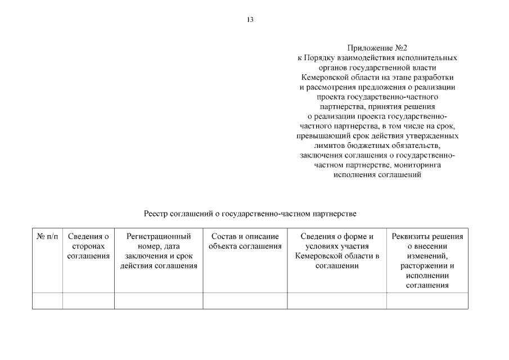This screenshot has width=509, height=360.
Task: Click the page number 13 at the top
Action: click(x=250, y=20)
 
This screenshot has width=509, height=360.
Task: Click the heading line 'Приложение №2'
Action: click(x=377, y=48)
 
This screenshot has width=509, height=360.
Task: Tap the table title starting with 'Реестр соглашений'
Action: click(x=250, y=214)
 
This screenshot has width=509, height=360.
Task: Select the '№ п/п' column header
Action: click(x=47, y=237)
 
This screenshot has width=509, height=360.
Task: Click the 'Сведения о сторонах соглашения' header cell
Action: click(x=88, y=246)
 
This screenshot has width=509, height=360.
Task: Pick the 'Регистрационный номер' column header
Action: click(x=159, y=251)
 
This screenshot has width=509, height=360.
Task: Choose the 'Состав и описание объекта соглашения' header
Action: click(x=245, y=241)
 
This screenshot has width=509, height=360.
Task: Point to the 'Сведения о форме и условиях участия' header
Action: click(x=337, y=251)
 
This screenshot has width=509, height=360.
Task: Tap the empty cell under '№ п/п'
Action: click(x=47, y=301)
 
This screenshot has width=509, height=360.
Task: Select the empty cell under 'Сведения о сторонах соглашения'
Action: click(x=88, y=301)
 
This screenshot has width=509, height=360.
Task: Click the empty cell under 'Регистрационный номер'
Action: click(x=159, y=301)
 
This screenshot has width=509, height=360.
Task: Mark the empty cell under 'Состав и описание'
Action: click(x=245, y=301)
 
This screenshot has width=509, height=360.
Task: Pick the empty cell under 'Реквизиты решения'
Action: click(x=427, y=301)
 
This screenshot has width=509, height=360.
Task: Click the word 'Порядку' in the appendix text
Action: click(x=321, y=58)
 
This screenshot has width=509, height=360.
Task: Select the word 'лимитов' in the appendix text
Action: click(x=327, y=146)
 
